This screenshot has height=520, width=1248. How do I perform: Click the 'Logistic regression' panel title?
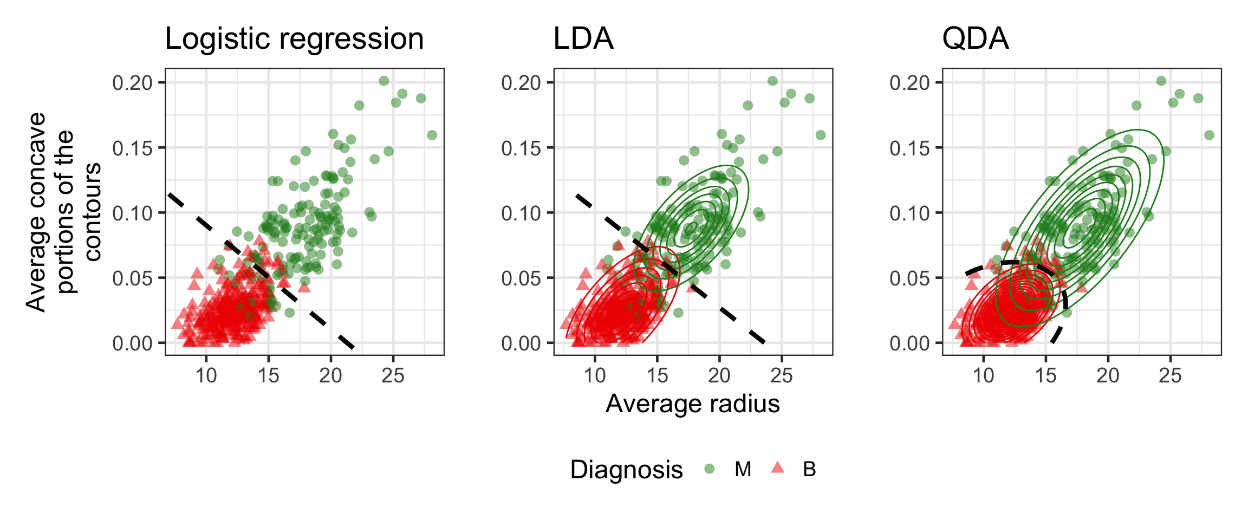coord(294,39)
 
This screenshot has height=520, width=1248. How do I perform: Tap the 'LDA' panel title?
coord(583,39)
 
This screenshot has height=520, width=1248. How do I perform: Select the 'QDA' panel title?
coord(975,39)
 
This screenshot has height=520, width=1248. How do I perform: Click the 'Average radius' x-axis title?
coord(692,404)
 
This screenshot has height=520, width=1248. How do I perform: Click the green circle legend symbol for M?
coord(709,469)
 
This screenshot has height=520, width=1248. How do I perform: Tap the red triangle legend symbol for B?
coord(777,467)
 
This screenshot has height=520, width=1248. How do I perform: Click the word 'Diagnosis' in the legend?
coord(626,470)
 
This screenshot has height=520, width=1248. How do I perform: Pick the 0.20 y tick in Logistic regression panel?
coord(133,83)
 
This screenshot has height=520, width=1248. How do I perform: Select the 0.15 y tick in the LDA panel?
coord(521,148)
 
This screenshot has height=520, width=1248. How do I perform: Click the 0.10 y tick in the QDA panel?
coord(909,213)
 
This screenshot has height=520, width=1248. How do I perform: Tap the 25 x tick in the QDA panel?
coord(1170,375)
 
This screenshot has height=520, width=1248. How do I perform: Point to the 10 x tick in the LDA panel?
coord(595,375)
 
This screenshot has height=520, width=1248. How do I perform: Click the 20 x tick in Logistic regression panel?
coord(330,375)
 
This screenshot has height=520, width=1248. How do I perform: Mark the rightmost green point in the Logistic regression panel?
coord(432,135)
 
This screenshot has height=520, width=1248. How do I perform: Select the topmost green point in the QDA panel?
coord(1161,81)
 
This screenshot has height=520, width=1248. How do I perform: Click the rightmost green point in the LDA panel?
coord(821,135)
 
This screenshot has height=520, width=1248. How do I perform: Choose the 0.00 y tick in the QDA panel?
coord(909,343)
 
